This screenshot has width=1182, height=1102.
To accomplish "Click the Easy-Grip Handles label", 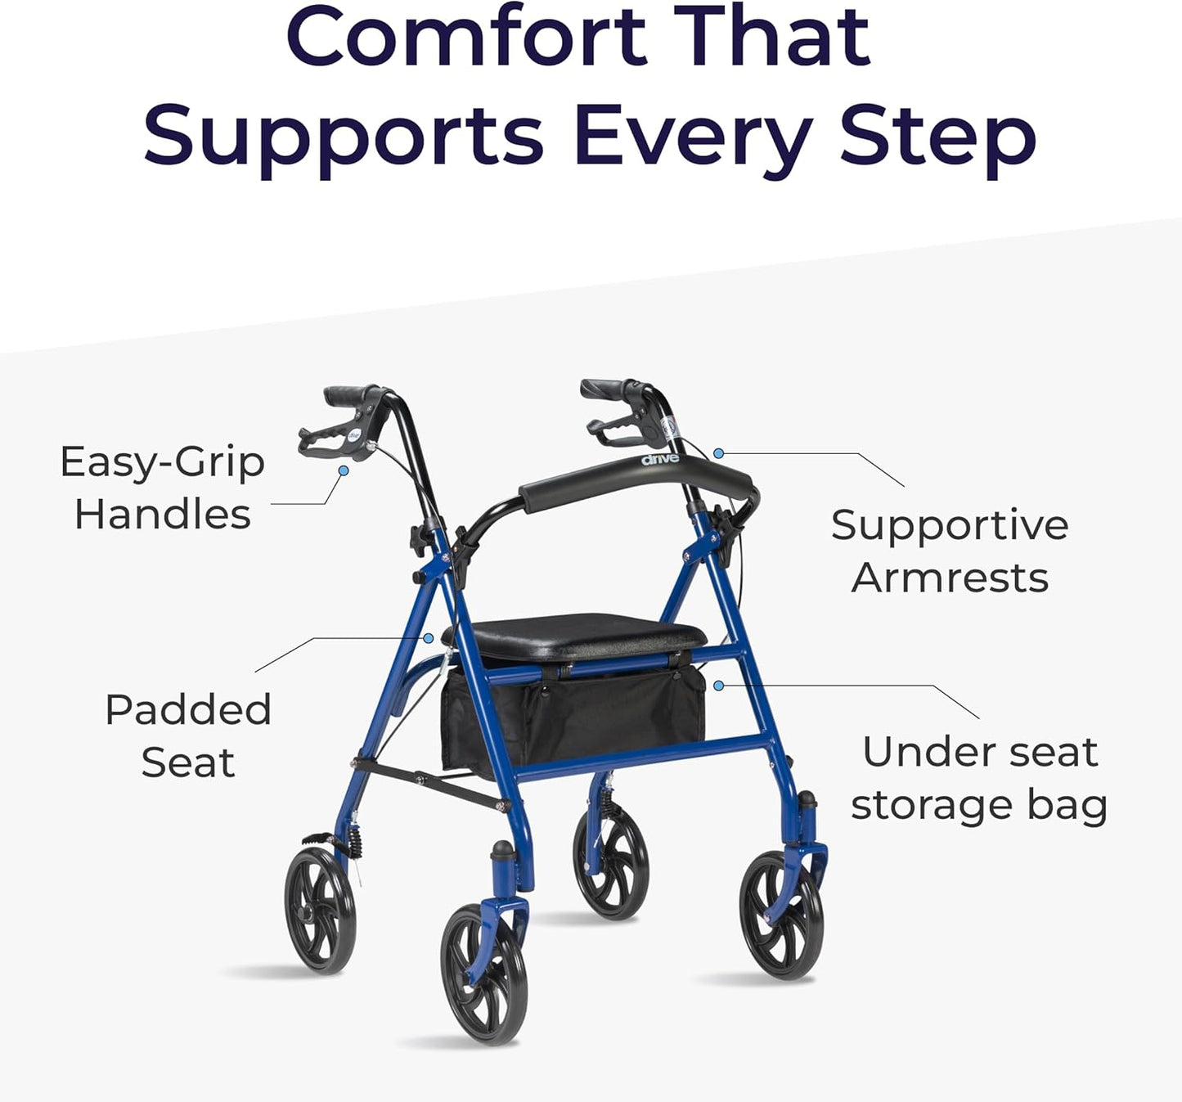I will point(162,488).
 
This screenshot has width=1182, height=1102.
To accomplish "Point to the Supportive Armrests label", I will point(950,551).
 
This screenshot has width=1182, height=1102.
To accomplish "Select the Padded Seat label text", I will point(188,735).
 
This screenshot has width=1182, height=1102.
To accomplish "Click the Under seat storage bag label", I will point(979,778).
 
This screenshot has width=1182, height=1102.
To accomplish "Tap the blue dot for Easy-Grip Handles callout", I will point(344,470).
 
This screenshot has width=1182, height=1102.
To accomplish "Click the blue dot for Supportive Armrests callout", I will point(718,452).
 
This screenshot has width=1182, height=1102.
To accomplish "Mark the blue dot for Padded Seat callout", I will point(427,637).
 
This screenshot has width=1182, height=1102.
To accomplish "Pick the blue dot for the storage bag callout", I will point(718,685).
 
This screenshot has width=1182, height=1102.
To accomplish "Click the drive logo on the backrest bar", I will point(660,459).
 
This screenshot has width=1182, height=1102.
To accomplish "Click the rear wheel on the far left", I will point(320,910).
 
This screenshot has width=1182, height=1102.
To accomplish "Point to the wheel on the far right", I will point(781,915).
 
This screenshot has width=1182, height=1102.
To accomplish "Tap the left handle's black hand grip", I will point(352,396).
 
